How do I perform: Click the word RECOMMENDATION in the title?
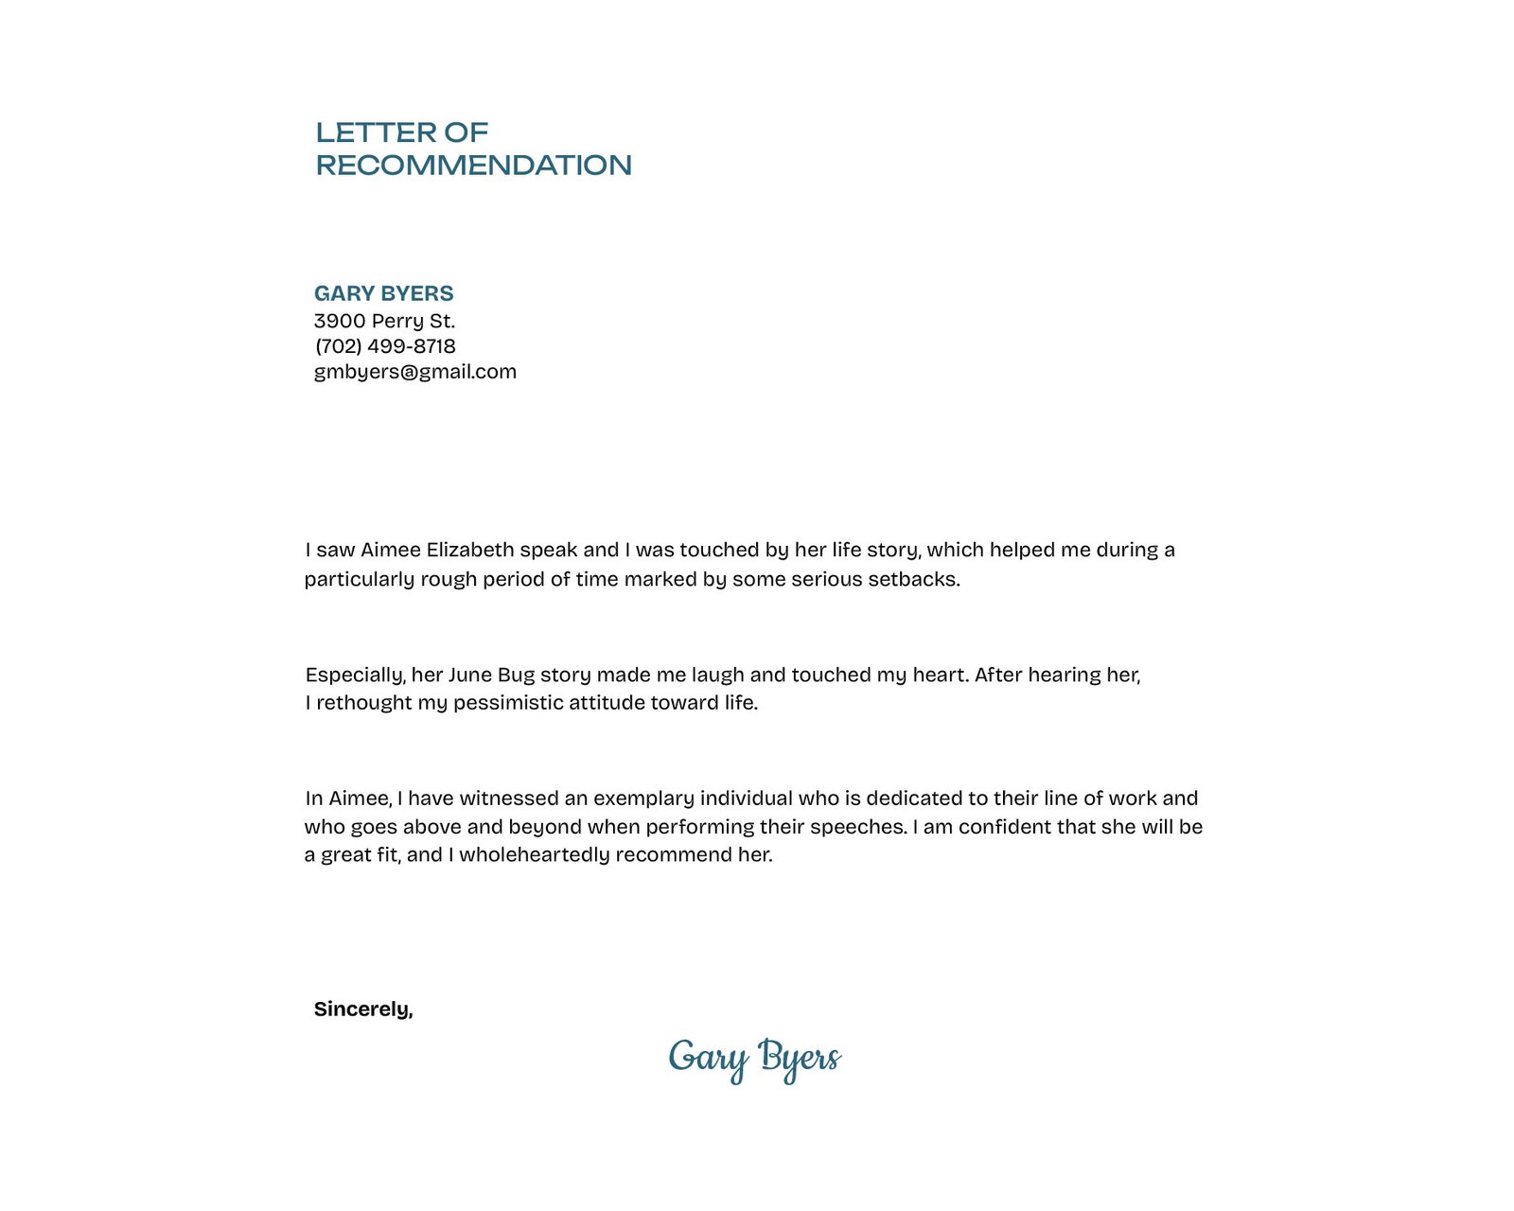473,166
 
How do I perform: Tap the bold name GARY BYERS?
383,293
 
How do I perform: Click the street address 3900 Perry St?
384,321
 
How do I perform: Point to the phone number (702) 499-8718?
385,346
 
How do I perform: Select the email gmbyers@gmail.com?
414,372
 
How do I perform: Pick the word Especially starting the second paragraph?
355,675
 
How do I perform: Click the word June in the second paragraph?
469,675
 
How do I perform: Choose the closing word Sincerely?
362,1009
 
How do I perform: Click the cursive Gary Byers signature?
754,1059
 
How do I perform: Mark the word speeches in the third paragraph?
858,827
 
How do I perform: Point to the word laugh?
717,675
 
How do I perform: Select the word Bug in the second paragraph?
516,675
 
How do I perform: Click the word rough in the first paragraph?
449,579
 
